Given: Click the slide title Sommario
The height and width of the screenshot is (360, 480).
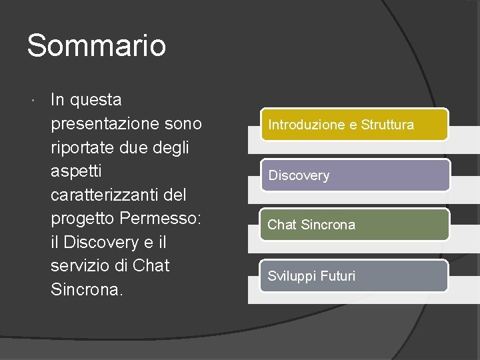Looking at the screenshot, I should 97,46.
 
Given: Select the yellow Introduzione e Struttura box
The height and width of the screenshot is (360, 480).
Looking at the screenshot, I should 355,125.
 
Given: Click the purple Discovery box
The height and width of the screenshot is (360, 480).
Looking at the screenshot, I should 355,175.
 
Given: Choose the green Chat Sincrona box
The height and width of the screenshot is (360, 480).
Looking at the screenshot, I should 355,225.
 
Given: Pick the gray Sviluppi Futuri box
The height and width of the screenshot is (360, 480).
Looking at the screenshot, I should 353,275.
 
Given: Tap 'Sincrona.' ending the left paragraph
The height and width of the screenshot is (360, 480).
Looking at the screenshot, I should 87,289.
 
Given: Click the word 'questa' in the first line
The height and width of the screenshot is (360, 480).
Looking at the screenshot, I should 95,101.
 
